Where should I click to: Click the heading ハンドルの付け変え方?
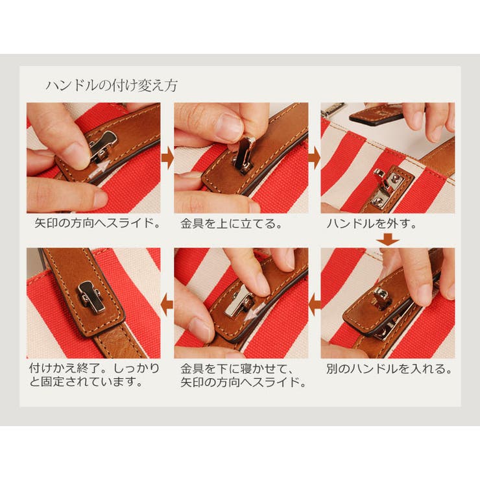(112, 86)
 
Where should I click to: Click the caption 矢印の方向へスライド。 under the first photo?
(97, 223)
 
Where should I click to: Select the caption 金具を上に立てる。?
(232, 224)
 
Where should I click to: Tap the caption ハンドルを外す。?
(372, 224)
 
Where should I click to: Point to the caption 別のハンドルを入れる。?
(389, 368)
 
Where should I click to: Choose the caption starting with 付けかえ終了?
(94, 375)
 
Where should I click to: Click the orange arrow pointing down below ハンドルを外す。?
(388, 239)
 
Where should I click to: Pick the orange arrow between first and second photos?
(167, 158)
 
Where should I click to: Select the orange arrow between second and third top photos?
(315, 158)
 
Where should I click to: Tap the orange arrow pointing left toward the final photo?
(167, 305)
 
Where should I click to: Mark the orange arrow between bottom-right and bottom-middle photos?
(315, 305)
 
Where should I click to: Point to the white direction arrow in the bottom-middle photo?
(256, 312)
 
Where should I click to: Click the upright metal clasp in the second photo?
(245, 155)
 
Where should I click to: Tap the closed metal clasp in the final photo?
(92, 297)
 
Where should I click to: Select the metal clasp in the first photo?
(103, 146)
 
